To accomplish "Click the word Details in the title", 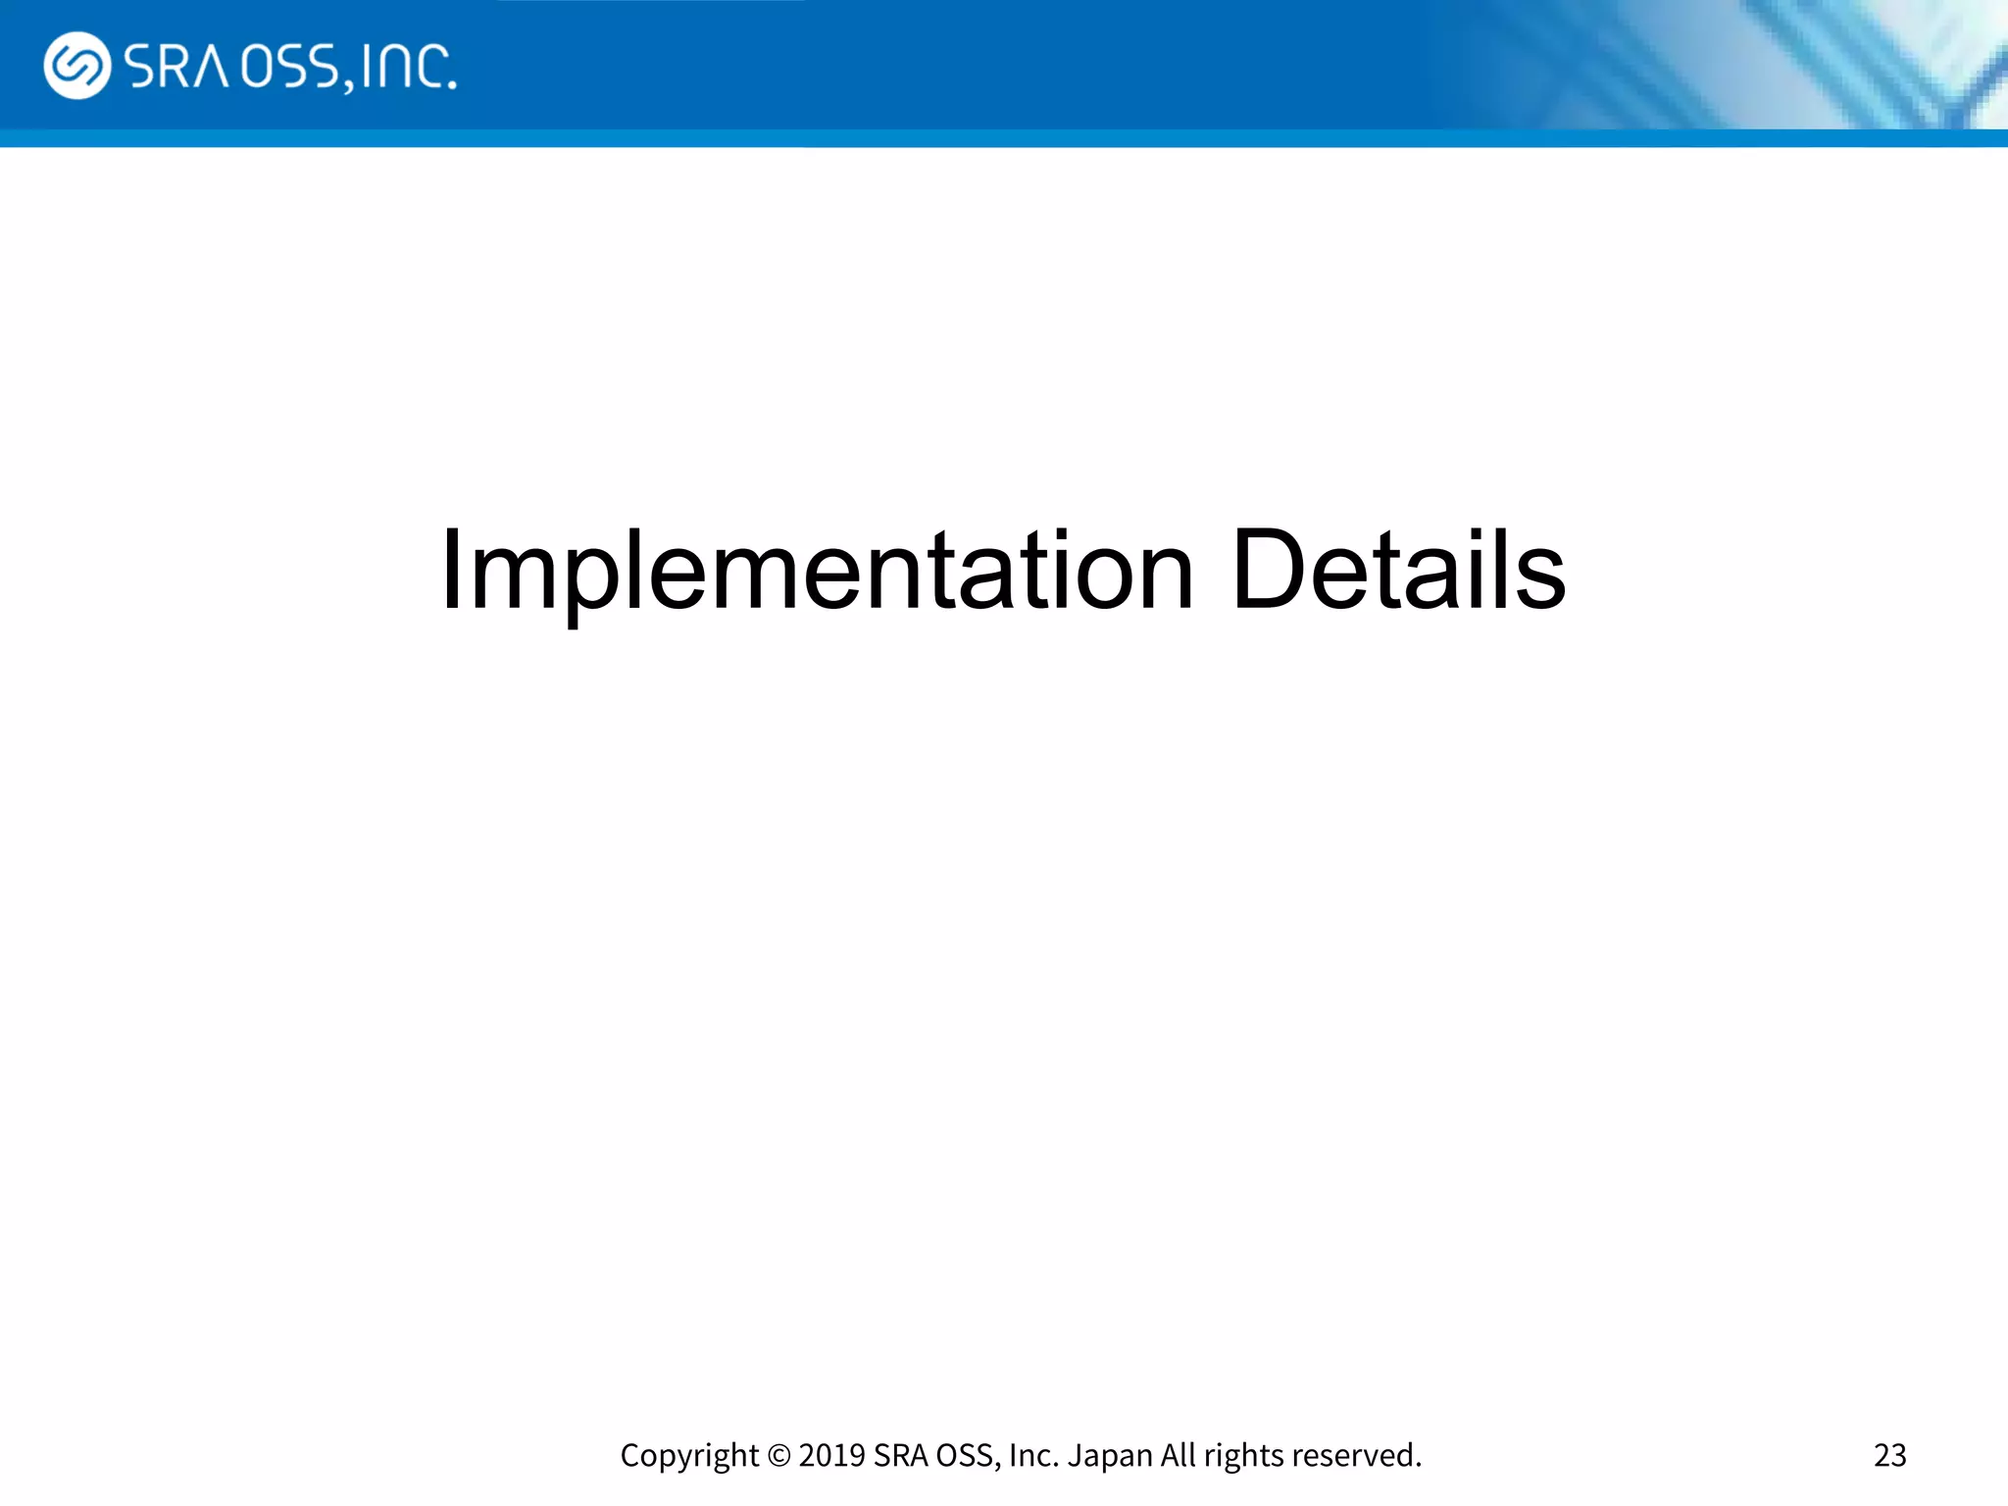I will [x=1398, y=571].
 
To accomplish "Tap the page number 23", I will [x=1889, y=1455].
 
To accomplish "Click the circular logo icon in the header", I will [x=76, y=66].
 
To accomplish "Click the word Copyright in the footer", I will [x=689, y=1456].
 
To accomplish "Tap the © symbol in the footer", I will [x=778, y=1456].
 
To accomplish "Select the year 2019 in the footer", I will [x=831, y=1455].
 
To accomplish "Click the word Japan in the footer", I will [x=1110, y=1456].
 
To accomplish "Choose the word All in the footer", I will [x=1179, y=1455].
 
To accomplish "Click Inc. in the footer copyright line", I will [x=1033, y=1455].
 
